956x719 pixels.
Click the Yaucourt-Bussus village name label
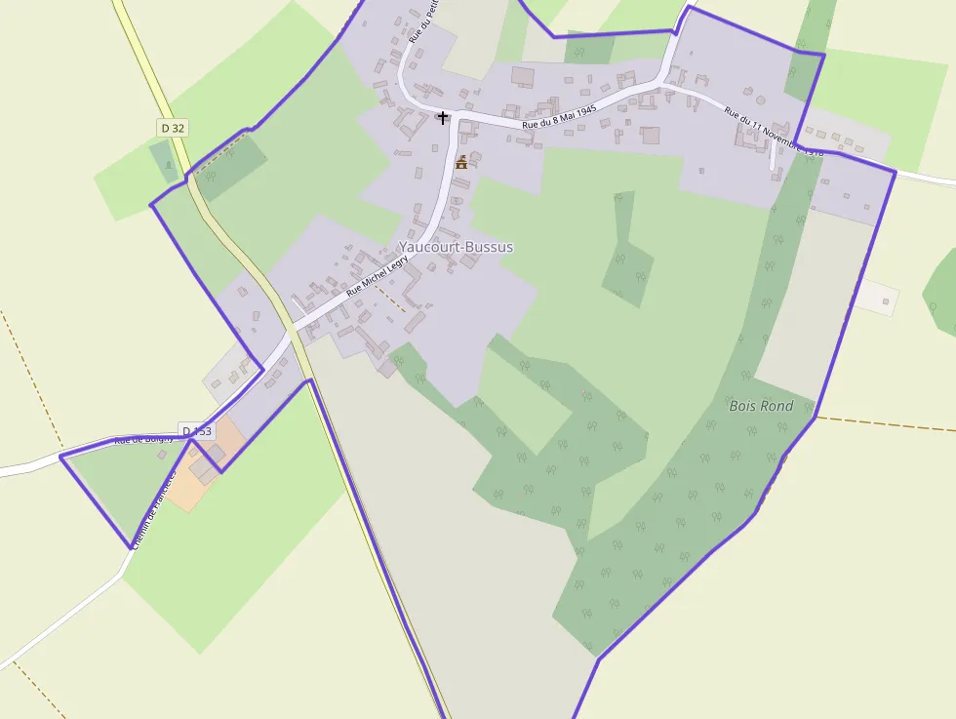click(456, 247)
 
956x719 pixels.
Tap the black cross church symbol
click(443, 118)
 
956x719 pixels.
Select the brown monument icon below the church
click(461, 162)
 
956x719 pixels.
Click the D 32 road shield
click(173, 128)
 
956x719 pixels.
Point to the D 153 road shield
click(196, 431)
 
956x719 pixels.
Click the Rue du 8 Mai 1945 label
click(559, 117)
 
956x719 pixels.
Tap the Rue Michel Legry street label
click(377, 277)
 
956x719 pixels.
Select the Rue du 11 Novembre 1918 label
click(774, 131)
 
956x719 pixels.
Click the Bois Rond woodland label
click(761, 406)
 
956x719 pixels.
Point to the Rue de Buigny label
click(143, 440)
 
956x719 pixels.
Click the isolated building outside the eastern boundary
click(886, 301)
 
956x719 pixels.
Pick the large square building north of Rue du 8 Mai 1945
click(523, 76)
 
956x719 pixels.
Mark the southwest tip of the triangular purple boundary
click(131, 547)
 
